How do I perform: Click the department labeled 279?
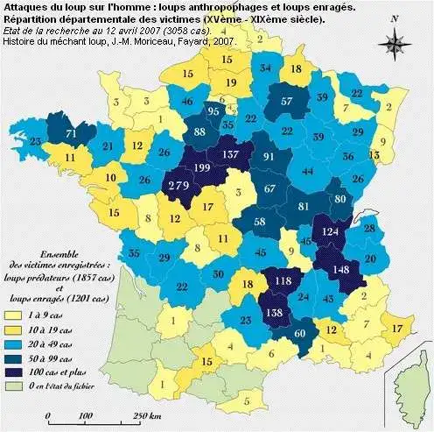[179, 186]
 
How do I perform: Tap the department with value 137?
[233, 155]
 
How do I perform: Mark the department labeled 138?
[274, 313]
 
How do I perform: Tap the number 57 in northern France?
[288, 102]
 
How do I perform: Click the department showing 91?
[270, 158]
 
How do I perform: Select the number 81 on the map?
[304, 207]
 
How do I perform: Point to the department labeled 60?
[302, 334]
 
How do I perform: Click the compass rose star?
[396, 40]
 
